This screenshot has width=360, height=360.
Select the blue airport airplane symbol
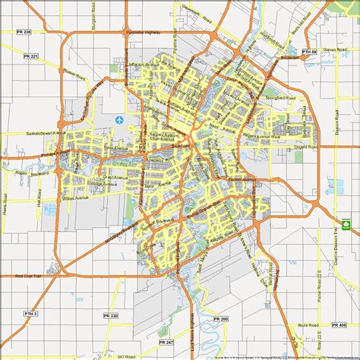coord(120,120)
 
